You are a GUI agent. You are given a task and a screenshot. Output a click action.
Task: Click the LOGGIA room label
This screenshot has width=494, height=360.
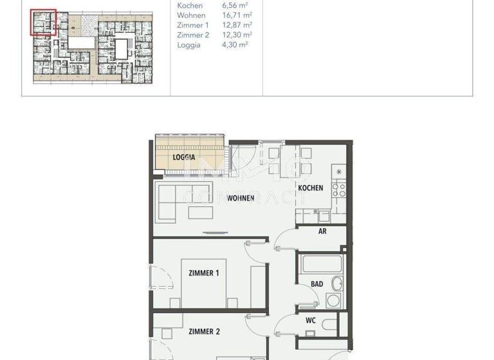point(184,156)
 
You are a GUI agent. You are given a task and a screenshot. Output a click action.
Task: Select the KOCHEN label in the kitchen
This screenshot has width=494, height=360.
point(310,188)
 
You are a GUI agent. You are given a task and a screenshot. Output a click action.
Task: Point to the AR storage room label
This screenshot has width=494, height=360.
point(322,231)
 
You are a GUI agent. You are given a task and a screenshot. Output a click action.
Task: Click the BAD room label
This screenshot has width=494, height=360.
point(316,283)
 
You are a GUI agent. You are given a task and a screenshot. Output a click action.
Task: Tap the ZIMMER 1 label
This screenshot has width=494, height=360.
point(204,273)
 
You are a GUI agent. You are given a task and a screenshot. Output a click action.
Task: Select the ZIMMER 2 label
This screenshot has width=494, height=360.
point(205,332)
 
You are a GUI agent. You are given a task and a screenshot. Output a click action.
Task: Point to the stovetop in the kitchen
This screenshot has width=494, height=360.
point(338,189)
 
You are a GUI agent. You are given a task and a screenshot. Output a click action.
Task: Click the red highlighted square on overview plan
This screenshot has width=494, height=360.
point(44,21)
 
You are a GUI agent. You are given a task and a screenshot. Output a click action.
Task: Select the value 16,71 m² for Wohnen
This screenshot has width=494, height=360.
point(236,15)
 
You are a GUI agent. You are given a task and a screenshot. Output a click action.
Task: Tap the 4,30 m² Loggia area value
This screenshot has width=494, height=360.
point(235,45)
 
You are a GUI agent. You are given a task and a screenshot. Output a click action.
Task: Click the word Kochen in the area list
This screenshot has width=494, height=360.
point(190,6)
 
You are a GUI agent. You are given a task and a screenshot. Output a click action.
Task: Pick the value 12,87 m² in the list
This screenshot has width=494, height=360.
point(236,25)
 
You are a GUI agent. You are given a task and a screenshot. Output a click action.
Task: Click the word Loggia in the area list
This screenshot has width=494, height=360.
point(188,45)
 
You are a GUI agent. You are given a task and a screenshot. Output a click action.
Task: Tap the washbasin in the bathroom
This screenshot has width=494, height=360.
point(336,283)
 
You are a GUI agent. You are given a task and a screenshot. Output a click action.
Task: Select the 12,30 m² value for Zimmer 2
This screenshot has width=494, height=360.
point(236,35)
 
